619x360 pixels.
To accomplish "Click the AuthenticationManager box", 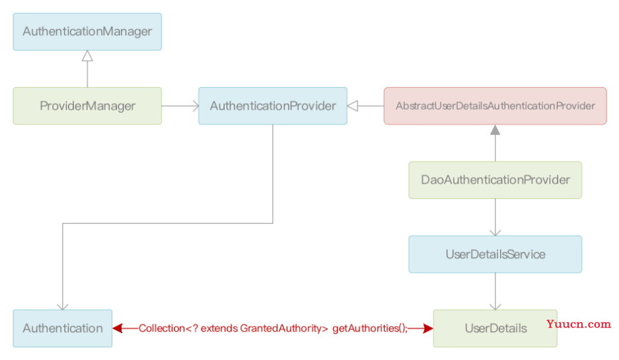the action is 87,32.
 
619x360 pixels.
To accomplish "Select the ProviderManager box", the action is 87,106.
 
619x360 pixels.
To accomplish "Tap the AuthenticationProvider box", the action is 273,106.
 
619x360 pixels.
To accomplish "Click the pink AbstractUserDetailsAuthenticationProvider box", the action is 495,106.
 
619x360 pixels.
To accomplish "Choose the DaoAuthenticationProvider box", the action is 495,180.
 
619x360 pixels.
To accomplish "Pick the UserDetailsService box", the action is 495,254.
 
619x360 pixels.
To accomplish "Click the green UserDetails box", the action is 495,328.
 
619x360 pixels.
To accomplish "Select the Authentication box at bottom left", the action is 62,328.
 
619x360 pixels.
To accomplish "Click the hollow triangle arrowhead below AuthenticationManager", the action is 87,55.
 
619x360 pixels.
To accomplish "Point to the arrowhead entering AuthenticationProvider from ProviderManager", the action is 196,106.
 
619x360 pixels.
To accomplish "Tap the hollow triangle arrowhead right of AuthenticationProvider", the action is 353,106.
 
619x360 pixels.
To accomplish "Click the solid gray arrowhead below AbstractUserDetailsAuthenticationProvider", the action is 495,130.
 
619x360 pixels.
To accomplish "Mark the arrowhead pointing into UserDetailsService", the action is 495,233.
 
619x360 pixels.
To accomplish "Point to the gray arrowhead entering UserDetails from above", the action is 495,307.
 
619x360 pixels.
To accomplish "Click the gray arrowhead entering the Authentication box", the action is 62,307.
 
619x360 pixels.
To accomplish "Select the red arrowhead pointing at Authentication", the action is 117,328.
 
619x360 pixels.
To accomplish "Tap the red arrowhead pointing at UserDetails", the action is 428,328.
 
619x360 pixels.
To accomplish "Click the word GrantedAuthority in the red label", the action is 284,328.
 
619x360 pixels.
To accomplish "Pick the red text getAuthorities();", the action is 370,328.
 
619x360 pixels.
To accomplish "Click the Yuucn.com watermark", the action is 579,324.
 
